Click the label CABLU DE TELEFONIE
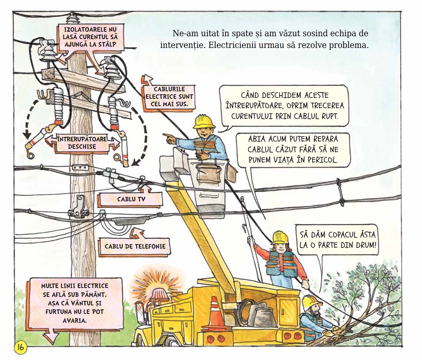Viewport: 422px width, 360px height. click(x=135, y=246)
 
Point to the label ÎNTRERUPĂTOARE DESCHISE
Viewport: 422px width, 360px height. click(x=82, y=142)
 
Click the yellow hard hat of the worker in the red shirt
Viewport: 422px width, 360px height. click(x=280, y=237)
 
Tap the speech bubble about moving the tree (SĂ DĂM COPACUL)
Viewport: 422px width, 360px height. click(x=337, y=240)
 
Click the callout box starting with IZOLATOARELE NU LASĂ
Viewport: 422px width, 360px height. click(x=87, y=37)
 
